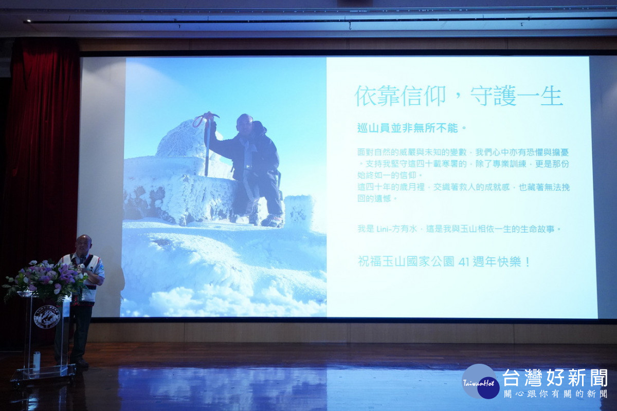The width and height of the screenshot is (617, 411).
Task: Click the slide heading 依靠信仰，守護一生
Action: [x=459, y=96]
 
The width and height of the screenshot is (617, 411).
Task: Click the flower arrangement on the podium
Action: [x=46, y=279]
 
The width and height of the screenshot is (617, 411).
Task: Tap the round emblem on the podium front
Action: [x=47, y=316]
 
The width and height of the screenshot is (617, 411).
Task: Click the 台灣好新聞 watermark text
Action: [x=555, y=378]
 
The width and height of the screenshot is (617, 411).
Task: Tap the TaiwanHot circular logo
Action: [x=480, y=382]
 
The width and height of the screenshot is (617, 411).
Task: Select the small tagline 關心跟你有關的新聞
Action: [x=555, y=394]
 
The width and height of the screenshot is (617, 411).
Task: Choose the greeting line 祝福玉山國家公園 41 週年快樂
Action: [x=444, y=261]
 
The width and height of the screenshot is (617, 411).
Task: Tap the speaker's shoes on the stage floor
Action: [x=81, y=363]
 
